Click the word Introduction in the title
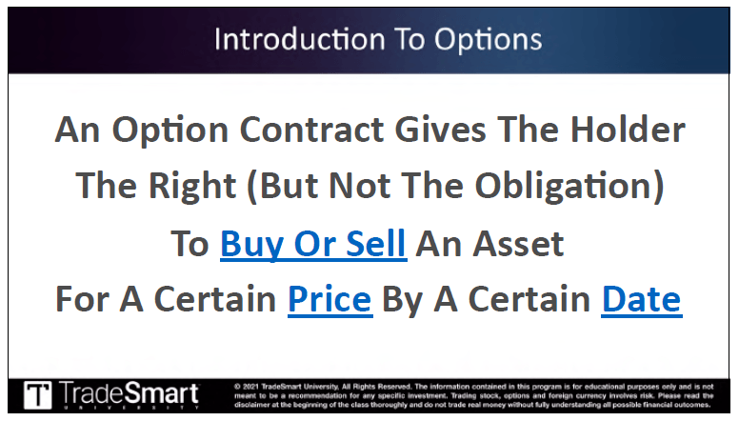[x=300, y=39]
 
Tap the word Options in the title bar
[x=488, y=40]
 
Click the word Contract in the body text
[x=311, y=130]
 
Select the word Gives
[x=440, y=130]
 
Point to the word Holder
[x=628, y=130]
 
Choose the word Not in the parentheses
[x=359, y=186]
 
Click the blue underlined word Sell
[x=375, y=244]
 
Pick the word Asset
[x=518, y=244]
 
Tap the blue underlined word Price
[x=330, y=299]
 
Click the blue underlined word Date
[x=642, y=299]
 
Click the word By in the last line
[x=402, y=300]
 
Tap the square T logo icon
[x=38, y=394]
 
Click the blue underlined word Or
[x=315, y=244]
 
